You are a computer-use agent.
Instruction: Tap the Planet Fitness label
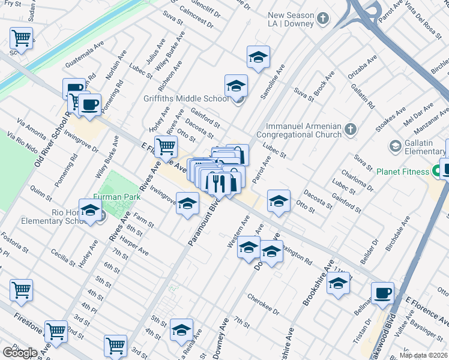click(403, 171)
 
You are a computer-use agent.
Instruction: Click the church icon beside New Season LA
click(323, 19)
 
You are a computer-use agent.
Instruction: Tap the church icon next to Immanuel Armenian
click(351, 128)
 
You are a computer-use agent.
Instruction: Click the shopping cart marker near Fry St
click(21, 38)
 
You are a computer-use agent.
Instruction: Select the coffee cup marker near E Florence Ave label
click(382, 293)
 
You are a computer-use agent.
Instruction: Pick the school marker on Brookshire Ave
click(339, 284)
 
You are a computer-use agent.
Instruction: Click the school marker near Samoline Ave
click(258, 58)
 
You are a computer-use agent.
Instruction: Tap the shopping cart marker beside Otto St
click(166, 145)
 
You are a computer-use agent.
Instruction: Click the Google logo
click(19, 352)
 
